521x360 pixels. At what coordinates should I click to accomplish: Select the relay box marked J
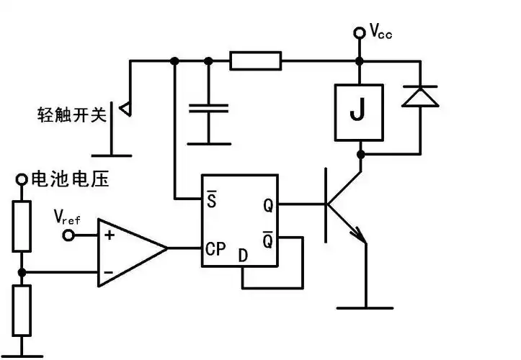358,112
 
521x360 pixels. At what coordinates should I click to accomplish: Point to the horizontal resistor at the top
256,61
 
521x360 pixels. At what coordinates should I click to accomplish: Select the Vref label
68,216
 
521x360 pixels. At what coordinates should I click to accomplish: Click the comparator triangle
130,248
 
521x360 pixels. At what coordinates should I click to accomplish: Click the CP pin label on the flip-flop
216,248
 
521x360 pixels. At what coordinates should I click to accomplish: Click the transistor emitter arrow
356,233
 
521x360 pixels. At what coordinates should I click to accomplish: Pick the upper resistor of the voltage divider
22,226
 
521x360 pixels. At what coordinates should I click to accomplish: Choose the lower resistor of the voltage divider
22,310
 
